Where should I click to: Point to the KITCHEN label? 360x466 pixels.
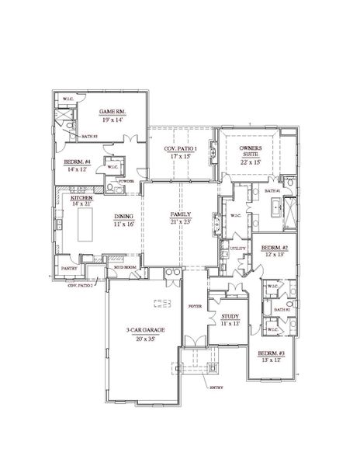click(x=82, y=197)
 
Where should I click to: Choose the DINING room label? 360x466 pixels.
click(x=125, y=216)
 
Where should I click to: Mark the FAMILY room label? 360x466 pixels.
click(x=181, y=214)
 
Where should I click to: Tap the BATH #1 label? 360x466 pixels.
click(x=272, y=190)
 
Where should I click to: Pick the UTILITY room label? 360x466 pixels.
click(x=237, y=248)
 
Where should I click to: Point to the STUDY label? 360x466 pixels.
click(x=229, y=316)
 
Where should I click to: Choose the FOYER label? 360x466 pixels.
click(x=195, y=308)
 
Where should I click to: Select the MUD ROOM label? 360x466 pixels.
click(x=125, y=266)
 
